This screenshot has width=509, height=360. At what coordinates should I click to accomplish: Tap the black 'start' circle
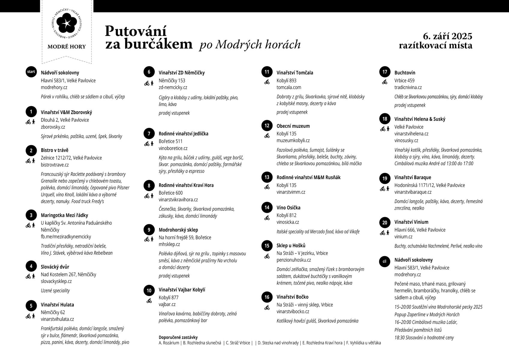coord(31,72)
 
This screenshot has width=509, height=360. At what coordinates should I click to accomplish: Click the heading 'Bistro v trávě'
coord(55,150)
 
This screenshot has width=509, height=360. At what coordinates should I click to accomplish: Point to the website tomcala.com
coord(289,87)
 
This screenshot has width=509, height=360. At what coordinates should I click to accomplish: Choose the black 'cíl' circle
coord(385,261)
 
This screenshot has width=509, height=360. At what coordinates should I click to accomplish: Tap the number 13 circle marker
coord(267,177)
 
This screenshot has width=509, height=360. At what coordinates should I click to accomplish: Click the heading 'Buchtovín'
coord(405,73)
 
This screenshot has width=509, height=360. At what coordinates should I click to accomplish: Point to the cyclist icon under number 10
coord(149,301)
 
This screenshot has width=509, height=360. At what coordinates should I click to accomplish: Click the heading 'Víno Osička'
coord(288,208)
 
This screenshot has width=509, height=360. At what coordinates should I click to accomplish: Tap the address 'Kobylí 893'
coord(286,80)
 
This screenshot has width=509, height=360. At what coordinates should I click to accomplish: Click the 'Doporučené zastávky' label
coord(178,337)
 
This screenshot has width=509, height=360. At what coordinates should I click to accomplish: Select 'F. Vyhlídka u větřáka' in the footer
coord(363,343)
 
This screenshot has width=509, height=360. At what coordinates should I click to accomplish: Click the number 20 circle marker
coord(385,223)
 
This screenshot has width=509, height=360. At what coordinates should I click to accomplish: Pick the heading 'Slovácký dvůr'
coord(55,267)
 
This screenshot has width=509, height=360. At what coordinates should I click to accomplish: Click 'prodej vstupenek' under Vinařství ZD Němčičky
coord(174,113)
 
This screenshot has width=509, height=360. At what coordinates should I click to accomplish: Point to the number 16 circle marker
coord(267,297)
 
